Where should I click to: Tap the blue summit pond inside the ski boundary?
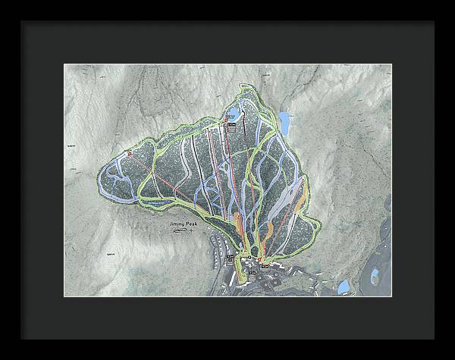233,114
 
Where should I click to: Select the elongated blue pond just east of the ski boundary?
284,121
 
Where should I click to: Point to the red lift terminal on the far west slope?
130,155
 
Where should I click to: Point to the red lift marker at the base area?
259,260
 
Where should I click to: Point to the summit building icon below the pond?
231,127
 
